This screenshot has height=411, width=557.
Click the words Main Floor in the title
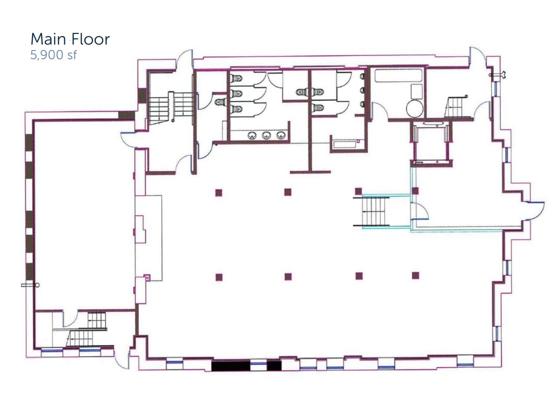coord(70,39)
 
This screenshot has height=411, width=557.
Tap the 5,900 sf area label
coord(53,55)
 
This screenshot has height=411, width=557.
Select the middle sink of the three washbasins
coord(267,136)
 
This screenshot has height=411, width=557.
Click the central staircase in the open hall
coord(376,211)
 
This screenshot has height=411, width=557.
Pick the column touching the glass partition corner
coord(415,191)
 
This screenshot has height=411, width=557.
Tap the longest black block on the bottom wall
coord(231,366)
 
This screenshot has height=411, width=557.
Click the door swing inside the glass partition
coord(419,211)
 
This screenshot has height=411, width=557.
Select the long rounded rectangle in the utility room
coord(398,75)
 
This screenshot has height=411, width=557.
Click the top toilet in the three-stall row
coord(237,79)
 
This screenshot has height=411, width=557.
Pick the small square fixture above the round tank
coord(417,91)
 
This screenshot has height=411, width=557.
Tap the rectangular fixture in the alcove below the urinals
coord(346,144)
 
